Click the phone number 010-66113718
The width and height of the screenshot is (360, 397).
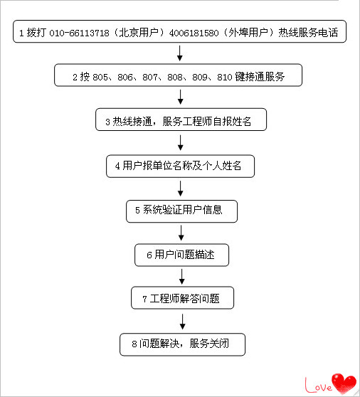point(79,33)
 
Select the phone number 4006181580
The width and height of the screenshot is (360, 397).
point(194,33)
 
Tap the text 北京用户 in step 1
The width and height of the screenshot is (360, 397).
point(139,33)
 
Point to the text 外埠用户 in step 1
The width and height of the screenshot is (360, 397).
point(248,33)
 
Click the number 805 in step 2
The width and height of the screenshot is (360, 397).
point(100,77)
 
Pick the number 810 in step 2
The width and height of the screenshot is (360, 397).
point(225,77)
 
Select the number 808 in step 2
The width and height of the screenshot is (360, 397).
point(175,77)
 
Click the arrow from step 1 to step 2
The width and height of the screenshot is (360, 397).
point(180,53)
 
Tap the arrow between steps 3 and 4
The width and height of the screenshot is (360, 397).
point(181,142)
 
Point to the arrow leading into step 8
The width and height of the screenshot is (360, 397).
point(183,322)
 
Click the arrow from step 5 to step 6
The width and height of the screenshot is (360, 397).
point(181,233)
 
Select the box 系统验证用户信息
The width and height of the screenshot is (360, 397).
point(181,211)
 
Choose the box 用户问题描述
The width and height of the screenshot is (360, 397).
point(181,255)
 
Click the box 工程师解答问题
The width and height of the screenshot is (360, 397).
point(182,297)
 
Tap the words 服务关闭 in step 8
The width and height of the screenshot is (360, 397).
point(209,344)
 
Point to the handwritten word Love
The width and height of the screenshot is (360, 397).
point(319,386)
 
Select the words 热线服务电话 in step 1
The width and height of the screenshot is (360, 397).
point(308,33)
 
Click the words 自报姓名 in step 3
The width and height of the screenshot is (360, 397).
point(232,122)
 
